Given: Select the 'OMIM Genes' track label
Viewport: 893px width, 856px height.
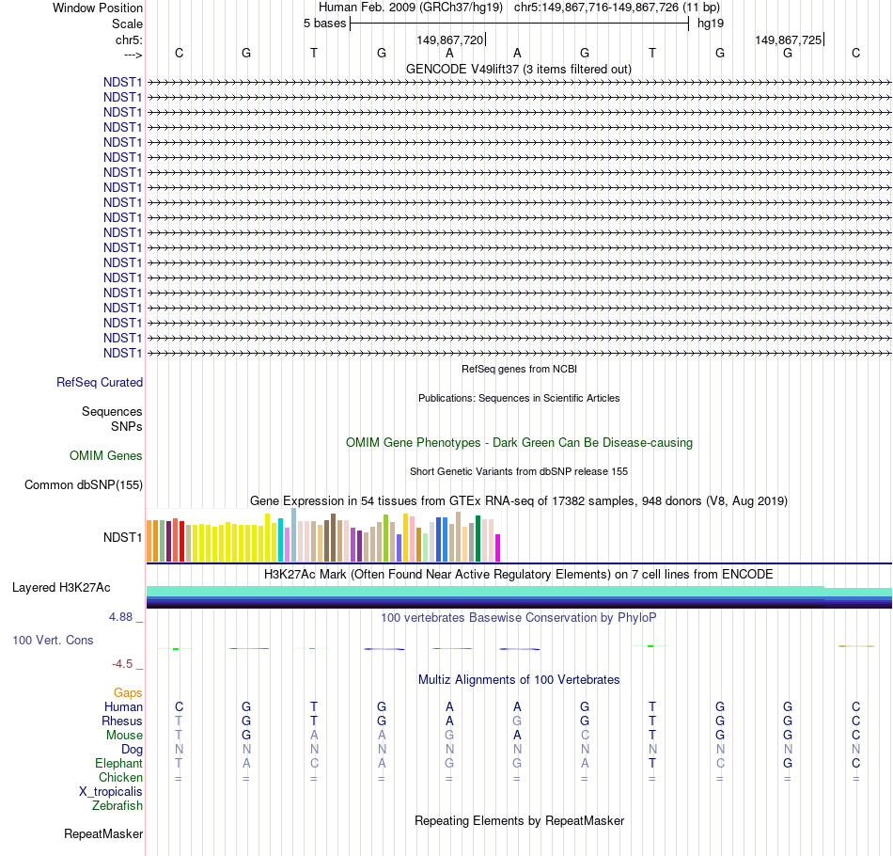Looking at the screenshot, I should click(106, 456).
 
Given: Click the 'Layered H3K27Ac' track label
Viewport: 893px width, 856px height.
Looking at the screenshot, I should click(61, 588).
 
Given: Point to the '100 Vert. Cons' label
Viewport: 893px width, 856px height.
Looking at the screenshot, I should click(53, 641).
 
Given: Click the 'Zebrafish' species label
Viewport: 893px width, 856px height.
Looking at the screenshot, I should click(117, 806).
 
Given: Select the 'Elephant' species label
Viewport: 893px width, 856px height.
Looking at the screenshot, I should click(119, 764).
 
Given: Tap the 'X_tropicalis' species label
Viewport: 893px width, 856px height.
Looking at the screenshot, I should click(111, 792).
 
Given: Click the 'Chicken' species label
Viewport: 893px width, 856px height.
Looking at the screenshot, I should click(121, 778).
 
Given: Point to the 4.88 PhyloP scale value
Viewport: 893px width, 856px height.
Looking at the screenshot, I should click(123, 617).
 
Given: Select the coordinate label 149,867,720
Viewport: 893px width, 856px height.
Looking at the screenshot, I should click(449, 40).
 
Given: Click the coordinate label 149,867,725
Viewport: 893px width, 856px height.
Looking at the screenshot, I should click(788, 40).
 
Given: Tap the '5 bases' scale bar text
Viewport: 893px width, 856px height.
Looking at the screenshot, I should click(324, 24).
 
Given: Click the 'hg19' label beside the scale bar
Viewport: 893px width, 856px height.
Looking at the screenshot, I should click(710, 24).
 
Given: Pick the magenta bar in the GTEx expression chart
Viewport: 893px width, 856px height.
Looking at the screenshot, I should click(498, 547).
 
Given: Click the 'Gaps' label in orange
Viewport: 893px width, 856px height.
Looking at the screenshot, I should click(128, 693).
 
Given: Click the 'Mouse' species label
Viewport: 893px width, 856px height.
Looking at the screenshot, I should click(124, 736).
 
